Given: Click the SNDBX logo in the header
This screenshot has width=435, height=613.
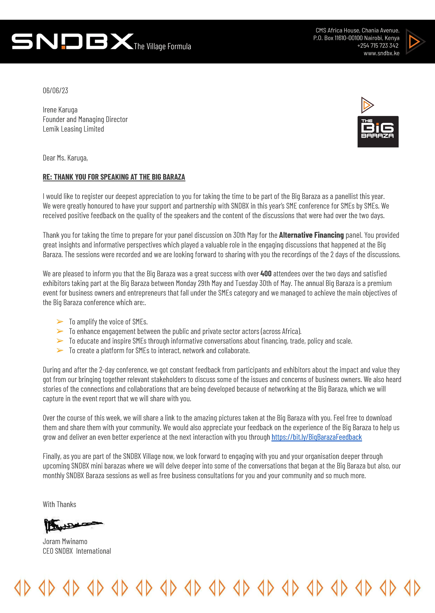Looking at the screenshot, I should click(72, 41).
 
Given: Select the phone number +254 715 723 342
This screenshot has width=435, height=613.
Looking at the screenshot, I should click(378, 45).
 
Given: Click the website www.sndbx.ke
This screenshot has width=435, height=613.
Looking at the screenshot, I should click(381, 53).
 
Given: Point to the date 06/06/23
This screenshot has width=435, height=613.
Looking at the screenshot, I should click(55, 90).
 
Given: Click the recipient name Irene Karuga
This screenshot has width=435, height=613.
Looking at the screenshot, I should click(60, 110).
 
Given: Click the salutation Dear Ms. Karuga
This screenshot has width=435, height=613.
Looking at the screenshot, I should click(65, 158).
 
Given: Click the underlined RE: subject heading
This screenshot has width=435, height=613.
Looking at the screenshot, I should click(114, 177).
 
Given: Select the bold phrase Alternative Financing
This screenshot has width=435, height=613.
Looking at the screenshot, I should click(311, 235).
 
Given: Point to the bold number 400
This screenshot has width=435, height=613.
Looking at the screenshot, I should click(266, 274).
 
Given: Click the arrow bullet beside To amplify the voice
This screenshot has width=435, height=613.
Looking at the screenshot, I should click(60, 321).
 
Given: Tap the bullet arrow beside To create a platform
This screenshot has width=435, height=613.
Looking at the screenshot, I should click(60, 350).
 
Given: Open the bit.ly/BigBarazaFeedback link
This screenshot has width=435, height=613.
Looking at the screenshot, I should click(317, 437).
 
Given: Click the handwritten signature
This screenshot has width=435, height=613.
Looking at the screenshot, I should click(72, 525).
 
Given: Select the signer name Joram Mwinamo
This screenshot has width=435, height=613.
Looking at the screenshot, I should click(65, 542).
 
